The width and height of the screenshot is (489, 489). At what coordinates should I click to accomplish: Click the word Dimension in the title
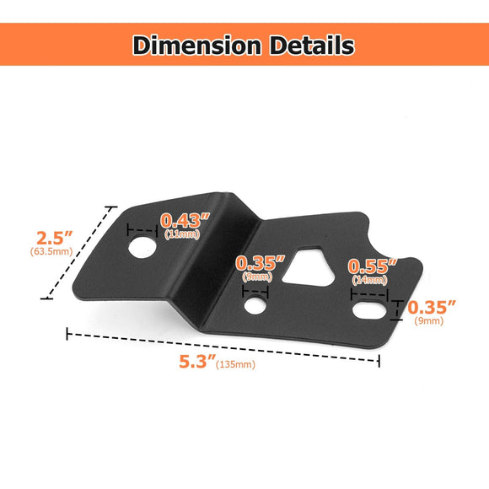(197, 45)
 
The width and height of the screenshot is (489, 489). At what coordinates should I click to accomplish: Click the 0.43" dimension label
(185, 221)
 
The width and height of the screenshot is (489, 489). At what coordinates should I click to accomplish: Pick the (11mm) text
(182, 234)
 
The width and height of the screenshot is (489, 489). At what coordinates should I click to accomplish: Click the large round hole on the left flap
(144, 246)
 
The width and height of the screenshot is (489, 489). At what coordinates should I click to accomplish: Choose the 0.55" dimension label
(373, 267)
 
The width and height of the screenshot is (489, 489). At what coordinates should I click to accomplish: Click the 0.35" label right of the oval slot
(432, 308)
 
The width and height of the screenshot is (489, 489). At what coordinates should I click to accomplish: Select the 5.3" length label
(196, 362)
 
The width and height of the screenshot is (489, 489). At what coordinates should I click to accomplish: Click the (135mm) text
(236, 364)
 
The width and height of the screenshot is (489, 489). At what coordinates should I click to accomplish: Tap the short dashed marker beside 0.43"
(140, 229)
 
